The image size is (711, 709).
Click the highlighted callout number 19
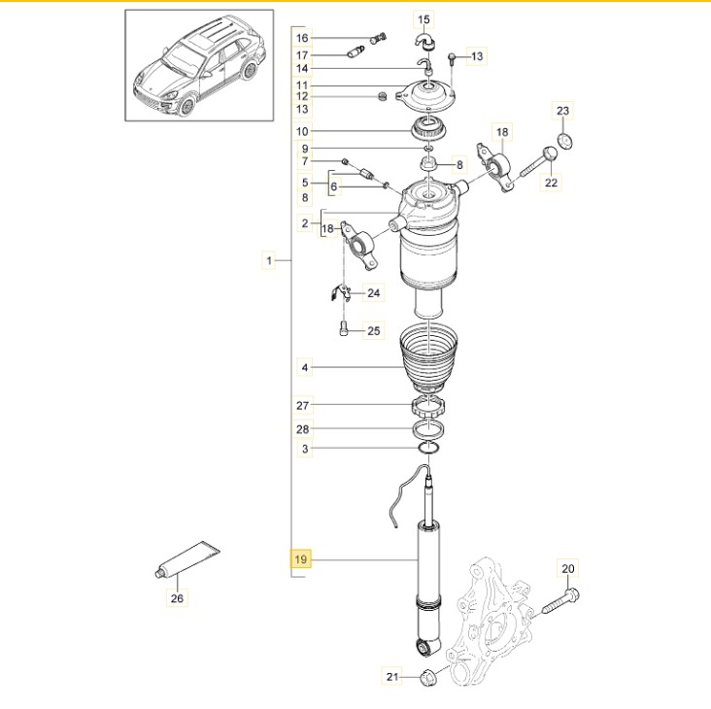[x=301, y=559]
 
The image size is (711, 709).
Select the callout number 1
[x=269, y=260]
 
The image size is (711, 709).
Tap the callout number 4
[x=305, y=367]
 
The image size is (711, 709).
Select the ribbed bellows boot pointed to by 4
[x=429, y=359]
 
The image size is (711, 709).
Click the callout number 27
[x=302, y=405]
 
